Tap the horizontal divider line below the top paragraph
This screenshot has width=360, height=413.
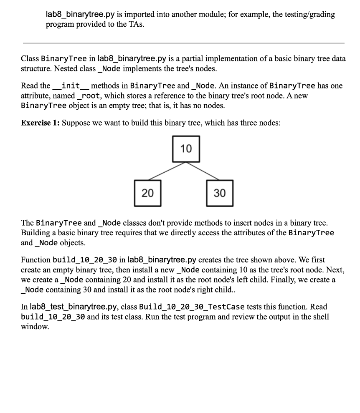click(184, 43)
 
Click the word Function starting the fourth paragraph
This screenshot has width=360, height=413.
click(35, 260)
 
